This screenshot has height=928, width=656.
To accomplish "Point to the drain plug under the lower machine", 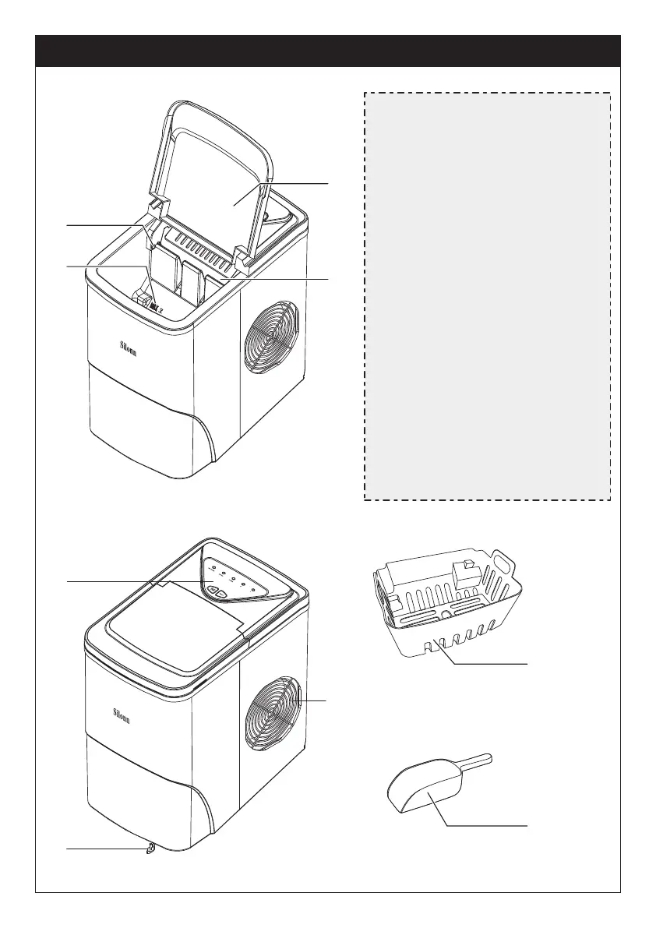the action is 146,849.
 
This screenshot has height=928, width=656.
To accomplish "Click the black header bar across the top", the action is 328,51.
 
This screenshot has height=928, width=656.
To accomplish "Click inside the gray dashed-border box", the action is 487,296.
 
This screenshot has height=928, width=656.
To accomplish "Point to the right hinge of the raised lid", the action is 242,258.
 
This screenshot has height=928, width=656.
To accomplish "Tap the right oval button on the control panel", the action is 222,594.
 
